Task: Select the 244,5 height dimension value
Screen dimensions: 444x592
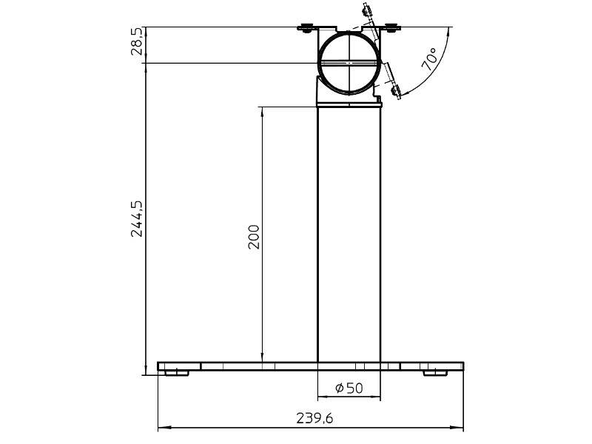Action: [x=137, y=218]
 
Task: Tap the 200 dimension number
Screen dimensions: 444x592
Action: [x=254, y=236]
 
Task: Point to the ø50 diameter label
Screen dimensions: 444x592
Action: [x=349, y=388]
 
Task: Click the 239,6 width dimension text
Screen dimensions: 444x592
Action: [x=314, y=418]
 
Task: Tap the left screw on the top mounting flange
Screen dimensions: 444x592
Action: [x=305, y=30]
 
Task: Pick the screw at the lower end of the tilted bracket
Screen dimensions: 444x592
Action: [x=395, y=92]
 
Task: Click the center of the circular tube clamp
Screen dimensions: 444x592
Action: [x=349, y=63]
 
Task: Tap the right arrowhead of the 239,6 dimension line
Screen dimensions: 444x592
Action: [x=460, y=428]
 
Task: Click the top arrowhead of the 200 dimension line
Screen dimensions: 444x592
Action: [x=262, y=111]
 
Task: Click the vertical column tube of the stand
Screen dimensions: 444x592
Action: [x=349, y=237]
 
